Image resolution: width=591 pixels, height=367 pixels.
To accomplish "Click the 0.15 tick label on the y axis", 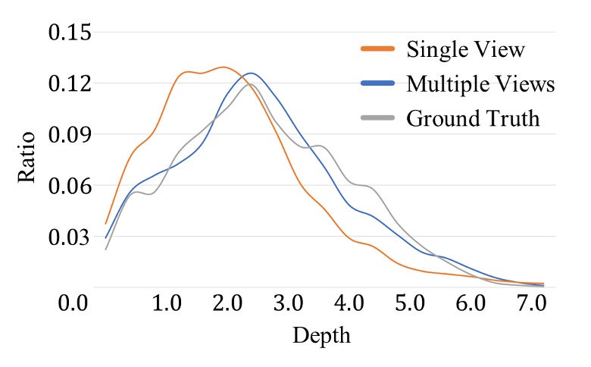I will coord(69,33).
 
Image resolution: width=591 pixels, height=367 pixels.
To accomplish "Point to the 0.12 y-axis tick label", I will coord(69,83).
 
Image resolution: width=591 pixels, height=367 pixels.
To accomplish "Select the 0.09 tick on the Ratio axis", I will coord(69,135).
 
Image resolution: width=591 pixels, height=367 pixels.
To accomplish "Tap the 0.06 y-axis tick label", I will coord(69,187).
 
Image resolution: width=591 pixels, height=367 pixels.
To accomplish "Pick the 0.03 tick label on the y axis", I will coord(69,238).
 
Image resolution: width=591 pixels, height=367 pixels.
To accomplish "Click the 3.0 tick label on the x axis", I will coord(290,305).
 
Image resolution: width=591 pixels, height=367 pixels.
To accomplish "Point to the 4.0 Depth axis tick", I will coord(351,305).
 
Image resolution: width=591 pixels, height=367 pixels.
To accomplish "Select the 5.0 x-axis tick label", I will coord(411,305).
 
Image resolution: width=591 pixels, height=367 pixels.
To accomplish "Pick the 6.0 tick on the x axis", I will coord(472,305).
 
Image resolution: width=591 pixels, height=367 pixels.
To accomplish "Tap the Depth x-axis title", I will coord(321,335).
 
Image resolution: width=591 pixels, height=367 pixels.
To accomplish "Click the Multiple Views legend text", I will coord(480,84).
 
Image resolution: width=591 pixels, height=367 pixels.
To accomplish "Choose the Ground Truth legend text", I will coord(473,118).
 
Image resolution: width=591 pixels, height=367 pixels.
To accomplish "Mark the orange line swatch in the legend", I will coord(377,50).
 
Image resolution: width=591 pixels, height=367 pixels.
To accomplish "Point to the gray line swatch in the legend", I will coord(377,118).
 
